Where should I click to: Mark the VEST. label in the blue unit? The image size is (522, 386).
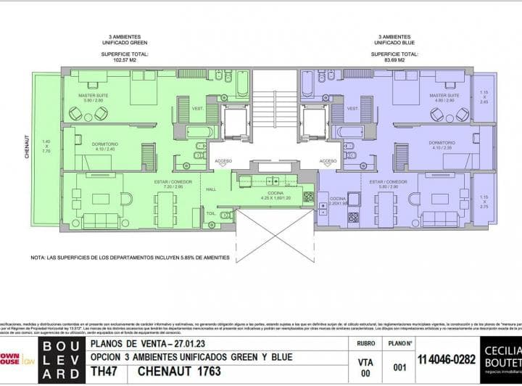pyautogui.click(x=353, y=109)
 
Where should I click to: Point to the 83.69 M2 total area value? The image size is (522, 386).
pyautogui.click(x=394, y=60)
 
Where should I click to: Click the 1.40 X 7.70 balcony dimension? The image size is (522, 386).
pyautogui.click(x=46, y=147)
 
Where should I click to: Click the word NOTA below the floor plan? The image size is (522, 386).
pyautogui.click(x=39, y=258)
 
